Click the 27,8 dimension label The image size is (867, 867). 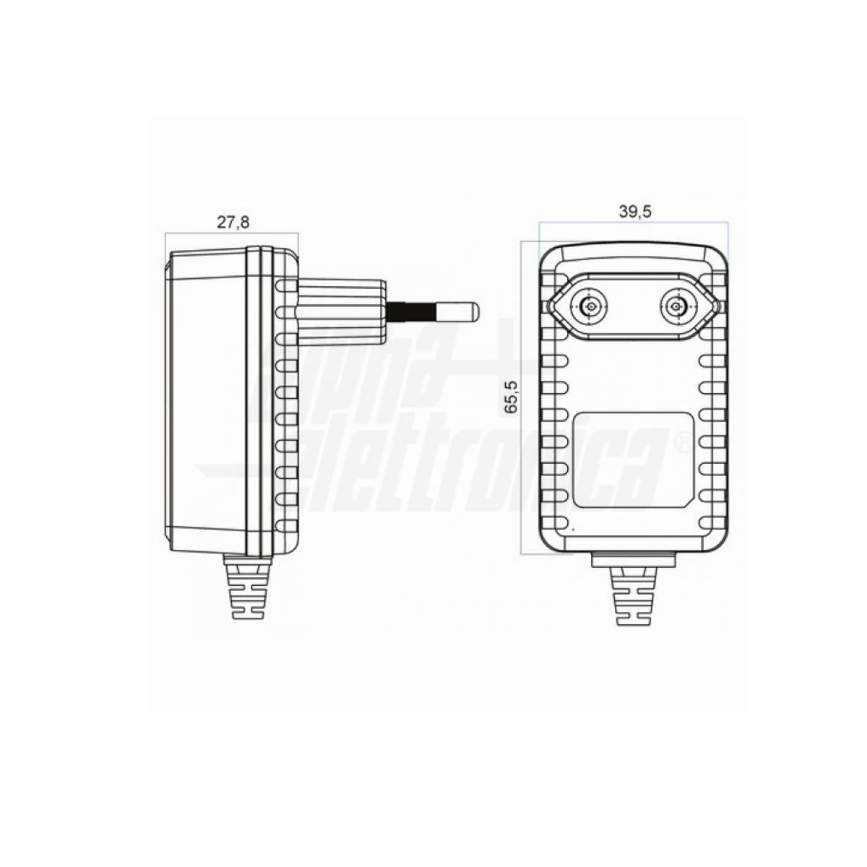pyautogui.click(x=233, y=223)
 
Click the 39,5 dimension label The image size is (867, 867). pyautogui.click(x=635, y=212)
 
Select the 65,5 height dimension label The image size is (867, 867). pyautogui.click(x=512, y=397)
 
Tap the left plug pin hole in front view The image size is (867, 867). pyautogui.click(x=590, y=307)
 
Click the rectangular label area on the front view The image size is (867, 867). pyautogui.click(x=633, y=460)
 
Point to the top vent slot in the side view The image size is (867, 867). pyautogui.click(x=286, y=287)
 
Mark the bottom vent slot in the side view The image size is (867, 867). pyautogui.click(x=286, y=524)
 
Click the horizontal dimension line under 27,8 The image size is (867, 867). pyautogui.click(x=232, y=233)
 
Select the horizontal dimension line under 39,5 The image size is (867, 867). pyautogui.click(x=634, y=223)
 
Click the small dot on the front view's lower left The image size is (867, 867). pyautogui.click(x=573, y=530)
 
